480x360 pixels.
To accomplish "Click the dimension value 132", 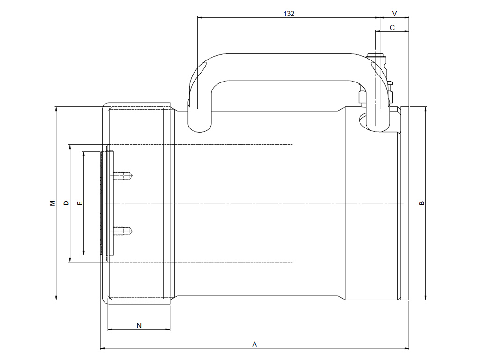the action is (x=289, y=14).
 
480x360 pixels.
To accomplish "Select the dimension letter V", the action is (x=394, y=14).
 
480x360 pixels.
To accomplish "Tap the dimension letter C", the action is (x=392, y=28).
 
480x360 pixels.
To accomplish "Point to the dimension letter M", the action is (x=52, y=203).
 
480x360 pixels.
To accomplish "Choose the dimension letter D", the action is (x=66, y=203).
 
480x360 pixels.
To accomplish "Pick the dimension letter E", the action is (x=80, y=203).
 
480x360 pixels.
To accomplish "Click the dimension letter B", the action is (x=421, y=203).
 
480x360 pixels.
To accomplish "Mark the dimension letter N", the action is (x=139, y=325).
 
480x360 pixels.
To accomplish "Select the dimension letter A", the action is (x=255, y=345).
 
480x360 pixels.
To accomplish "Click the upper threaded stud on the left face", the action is (x=122, y=176).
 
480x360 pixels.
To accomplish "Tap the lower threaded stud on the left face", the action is (x=122, y=231).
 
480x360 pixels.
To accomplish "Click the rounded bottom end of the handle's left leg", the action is (x=200, y=127).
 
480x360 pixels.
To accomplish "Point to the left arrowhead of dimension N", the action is (x=110, y=330).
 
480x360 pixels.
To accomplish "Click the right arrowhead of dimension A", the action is (x=406, y=348).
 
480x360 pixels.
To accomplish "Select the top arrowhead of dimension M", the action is (x=56, y=109).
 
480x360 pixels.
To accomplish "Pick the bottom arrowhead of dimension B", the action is (x=426, y=298).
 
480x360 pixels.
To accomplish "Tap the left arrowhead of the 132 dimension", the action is (x=200, y=18).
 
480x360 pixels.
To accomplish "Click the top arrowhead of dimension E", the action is (x=83, y=154).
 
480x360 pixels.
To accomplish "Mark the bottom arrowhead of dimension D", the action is (x=70, y=260).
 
